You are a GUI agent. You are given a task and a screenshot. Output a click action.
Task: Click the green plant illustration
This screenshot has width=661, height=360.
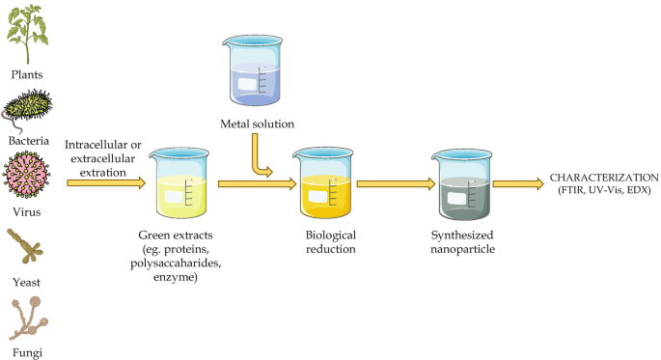tap(29, 33)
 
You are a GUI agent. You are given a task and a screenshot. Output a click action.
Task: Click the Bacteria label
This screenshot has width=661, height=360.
tap(29, 141)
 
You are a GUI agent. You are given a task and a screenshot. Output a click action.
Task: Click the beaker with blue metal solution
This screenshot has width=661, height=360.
tap(256, 72)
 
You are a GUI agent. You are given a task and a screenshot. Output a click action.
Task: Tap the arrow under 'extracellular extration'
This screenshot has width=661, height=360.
tap(106, 182)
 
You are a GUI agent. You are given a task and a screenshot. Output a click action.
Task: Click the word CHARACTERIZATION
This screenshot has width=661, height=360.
tap(603, 177)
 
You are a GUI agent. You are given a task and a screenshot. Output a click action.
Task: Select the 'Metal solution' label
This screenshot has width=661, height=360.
tap(257, 124)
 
